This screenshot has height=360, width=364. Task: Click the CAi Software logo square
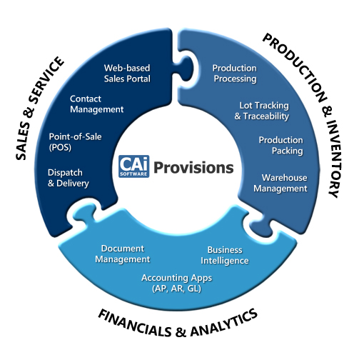134,166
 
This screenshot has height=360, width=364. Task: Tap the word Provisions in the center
193,168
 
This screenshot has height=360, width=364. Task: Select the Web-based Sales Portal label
127,74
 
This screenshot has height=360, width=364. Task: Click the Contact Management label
96,104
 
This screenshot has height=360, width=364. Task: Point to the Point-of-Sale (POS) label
75,142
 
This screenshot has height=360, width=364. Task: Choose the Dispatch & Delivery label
69,178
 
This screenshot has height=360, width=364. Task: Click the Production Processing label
235,74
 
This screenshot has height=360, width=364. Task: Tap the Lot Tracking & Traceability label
262,111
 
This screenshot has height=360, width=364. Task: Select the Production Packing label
281,145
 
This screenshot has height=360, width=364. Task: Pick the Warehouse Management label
280,183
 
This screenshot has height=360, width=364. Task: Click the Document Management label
123,254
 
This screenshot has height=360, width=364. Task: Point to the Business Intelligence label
225,255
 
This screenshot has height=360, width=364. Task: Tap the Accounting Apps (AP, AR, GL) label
176,283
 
